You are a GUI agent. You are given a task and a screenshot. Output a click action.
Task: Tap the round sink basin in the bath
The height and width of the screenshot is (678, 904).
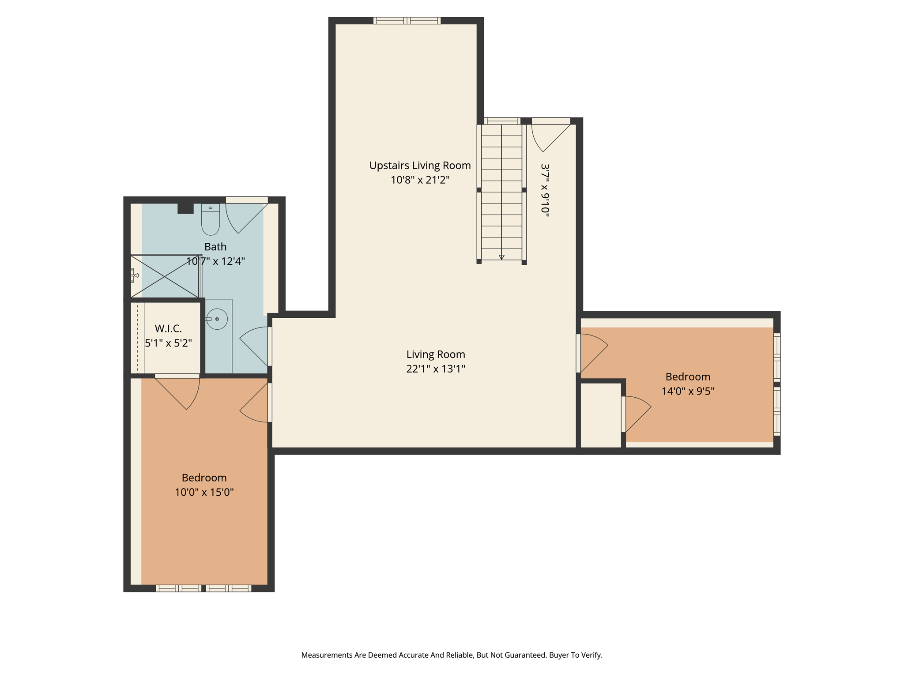tap(217, 319)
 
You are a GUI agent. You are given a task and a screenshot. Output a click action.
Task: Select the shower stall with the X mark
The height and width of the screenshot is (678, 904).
tap(165, 276)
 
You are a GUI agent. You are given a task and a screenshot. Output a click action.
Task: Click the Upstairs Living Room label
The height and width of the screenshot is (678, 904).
tap(420, 166)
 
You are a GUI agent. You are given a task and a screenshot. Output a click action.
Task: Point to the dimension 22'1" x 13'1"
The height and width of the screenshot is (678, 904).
tap(436, 369)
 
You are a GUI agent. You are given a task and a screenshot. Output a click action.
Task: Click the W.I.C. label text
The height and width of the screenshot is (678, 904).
tap(168, 329)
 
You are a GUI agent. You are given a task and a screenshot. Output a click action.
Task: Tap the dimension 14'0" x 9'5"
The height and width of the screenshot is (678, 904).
tap(688, 391)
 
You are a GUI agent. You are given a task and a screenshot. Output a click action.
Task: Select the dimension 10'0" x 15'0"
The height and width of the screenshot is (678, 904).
tap(204, 492)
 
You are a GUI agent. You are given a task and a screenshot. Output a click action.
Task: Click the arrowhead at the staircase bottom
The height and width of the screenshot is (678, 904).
tap(501, 257)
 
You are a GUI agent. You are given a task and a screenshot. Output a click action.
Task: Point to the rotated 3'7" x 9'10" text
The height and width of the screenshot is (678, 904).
tap(546, 190)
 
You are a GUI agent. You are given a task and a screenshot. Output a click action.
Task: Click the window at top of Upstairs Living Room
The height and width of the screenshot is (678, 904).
tap(407, 20)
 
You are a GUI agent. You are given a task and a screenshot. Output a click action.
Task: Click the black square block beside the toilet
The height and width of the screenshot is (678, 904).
tap(185, 208)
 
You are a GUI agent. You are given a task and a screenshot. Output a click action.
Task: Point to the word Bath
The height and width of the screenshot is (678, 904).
tap(215, 247)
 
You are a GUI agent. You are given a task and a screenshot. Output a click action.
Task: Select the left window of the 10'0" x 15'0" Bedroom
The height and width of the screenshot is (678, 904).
tap(178, 588)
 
